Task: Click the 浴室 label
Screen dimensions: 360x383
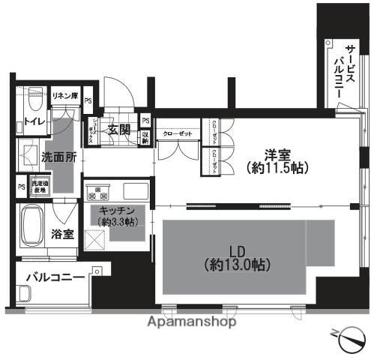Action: tap(62, 233)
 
